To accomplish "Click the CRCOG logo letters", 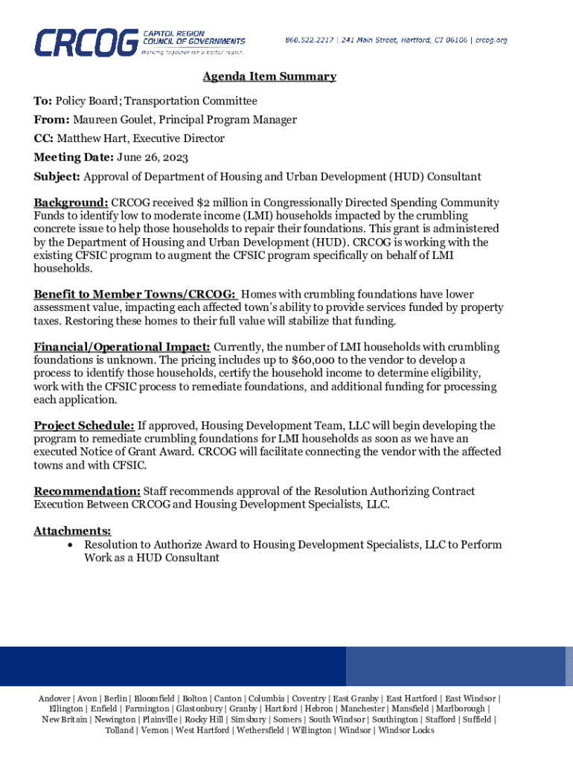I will click(86, 42).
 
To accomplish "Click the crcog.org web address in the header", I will click(491, 39).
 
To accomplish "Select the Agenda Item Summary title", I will click(269, 77).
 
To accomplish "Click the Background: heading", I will click(71, 202).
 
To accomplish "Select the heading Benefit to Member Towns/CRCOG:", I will click(135, 295).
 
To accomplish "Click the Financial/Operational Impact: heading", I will click(122, 347).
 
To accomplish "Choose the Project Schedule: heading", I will click(84, 426).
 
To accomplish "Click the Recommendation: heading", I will click(87, 491).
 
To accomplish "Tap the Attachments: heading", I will click(72, 531).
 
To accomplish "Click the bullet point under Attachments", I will click(69, 545).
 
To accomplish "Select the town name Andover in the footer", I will click(55, 699).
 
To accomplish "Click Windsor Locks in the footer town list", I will click(406, 730).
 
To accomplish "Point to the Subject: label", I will click(57, 176).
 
